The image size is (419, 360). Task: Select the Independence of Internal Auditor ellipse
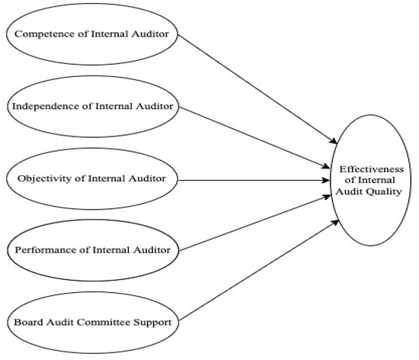click(x=94, y=107)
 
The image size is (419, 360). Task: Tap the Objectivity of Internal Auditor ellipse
click(x=94, y=180)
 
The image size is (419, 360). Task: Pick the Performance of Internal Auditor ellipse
click(x=94, y=249)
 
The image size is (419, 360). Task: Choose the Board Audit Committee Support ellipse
click(x=94, y=322)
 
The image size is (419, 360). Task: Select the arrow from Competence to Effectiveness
click(x=259, y=88)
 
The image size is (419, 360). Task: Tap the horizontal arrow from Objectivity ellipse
click(x=259, y=181)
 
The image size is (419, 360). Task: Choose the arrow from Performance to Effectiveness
click(x=259, y=224)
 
